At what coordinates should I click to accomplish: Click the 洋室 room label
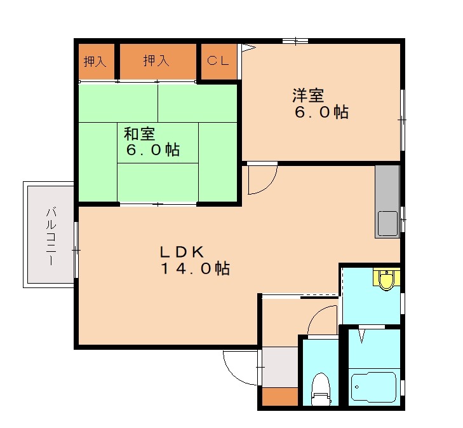[308, 96]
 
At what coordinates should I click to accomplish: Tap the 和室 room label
[139, 134]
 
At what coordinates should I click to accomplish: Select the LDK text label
[180, 251]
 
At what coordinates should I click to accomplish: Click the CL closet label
[219, 61]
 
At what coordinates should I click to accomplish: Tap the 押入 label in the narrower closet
[95, 62]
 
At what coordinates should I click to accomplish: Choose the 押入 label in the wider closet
[156, 61]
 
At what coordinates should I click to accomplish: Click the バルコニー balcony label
[50, 236]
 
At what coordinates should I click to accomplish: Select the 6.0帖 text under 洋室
[320, 113]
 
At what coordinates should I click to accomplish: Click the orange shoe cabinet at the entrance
[279, 397]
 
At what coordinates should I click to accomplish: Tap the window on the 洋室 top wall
[295, 41]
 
